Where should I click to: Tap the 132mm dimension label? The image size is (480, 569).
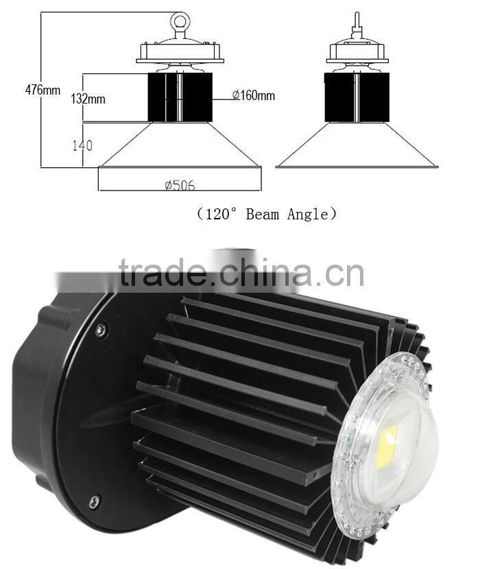(x=88, y=98)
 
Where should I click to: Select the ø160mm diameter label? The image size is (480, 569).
(x=253, y=95)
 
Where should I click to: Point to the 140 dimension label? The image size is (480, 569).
(x=81, y=145)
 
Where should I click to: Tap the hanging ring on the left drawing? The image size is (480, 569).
(x=180, y=23)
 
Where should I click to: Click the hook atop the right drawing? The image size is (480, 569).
(x=357, y=22)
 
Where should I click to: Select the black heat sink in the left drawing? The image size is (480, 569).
(x=180, y=97)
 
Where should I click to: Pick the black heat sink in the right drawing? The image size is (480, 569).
(x=357, y=97)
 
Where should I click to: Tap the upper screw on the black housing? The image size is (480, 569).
(x=101, y=330)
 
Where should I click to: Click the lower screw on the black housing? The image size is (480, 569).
(x=95, y=500)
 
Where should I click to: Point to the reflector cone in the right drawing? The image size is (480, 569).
(x=357, y=145)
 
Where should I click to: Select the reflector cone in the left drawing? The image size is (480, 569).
(x=180, y=145)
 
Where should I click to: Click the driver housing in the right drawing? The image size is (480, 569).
(x=357, y=51)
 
